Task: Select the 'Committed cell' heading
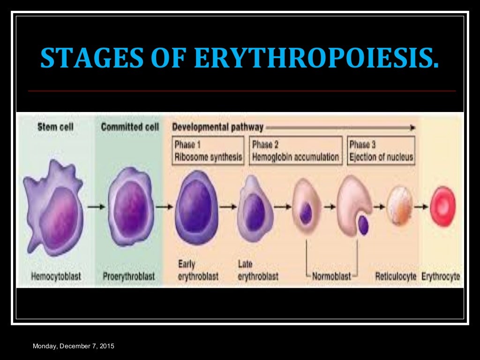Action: tap(130, 127)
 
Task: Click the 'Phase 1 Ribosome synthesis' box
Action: tap(209, 150)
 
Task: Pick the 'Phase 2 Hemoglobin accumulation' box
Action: tap(296, 150)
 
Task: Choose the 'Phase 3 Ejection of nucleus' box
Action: tap(381, 150)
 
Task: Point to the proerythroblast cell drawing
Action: tap(131, 206)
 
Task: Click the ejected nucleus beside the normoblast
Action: tap(363, 225)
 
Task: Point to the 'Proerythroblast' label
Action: tap(128, 277)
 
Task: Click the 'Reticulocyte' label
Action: tap(396, 277)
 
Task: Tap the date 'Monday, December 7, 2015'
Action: tap(73, 346)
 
